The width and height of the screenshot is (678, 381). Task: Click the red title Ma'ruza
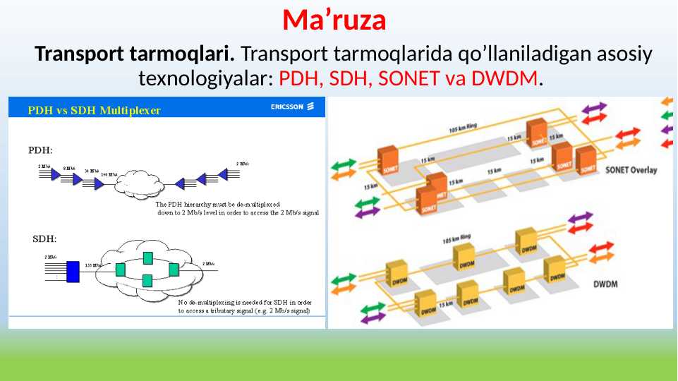334,20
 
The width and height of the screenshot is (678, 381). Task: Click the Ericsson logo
296,107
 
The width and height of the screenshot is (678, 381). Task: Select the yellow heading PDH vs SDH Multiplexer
94,110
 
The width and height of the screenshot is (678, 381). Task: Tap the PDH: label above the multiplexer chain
40,150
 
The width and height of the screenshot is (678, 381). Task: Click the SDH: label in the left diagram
45,238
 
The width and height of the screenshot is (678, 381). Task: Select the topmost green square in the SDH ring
147,257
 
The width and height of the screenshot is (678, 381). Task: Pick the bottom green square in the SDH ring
147,280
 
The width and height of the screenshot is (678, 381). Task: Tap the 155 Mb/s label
93,265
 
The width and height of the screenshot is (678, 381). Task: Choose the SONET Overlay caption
631,170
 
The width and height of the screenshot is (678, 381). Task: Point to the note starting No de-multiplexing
244,306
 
